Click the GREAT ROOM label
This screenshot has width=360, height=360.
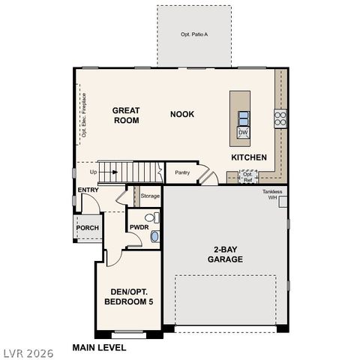click(126, 115)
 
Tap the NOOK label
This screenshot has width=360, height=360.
click(181, 114)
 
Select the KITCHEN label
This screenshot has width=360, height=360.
click(248, 157)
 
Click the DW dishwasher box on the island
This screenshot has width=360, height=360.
click(243, 133)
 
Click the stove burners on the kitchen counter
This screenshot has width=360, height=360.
click(280, 118)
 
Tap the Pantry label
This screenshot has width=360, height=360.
click(181, 172)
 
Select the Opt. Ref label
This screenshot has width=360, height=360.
click(247, 177)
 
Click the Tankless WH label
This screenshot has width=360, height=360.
click(272, 194)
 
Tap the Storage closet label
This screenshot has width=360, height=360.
click(150, 196)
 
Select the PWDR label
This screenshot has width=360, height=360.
click(139, 226)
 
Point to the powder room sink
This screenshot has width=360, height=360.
click(155, 236)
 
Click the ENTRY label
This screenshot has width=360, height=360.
click(88, 190)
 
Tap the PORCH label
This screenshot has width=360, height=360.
click(88, 228)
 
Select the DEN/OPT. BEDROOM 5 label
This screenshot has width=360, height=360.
click(127, 296)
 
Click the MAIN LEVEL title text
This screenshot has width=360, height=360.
click(99, 347)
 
